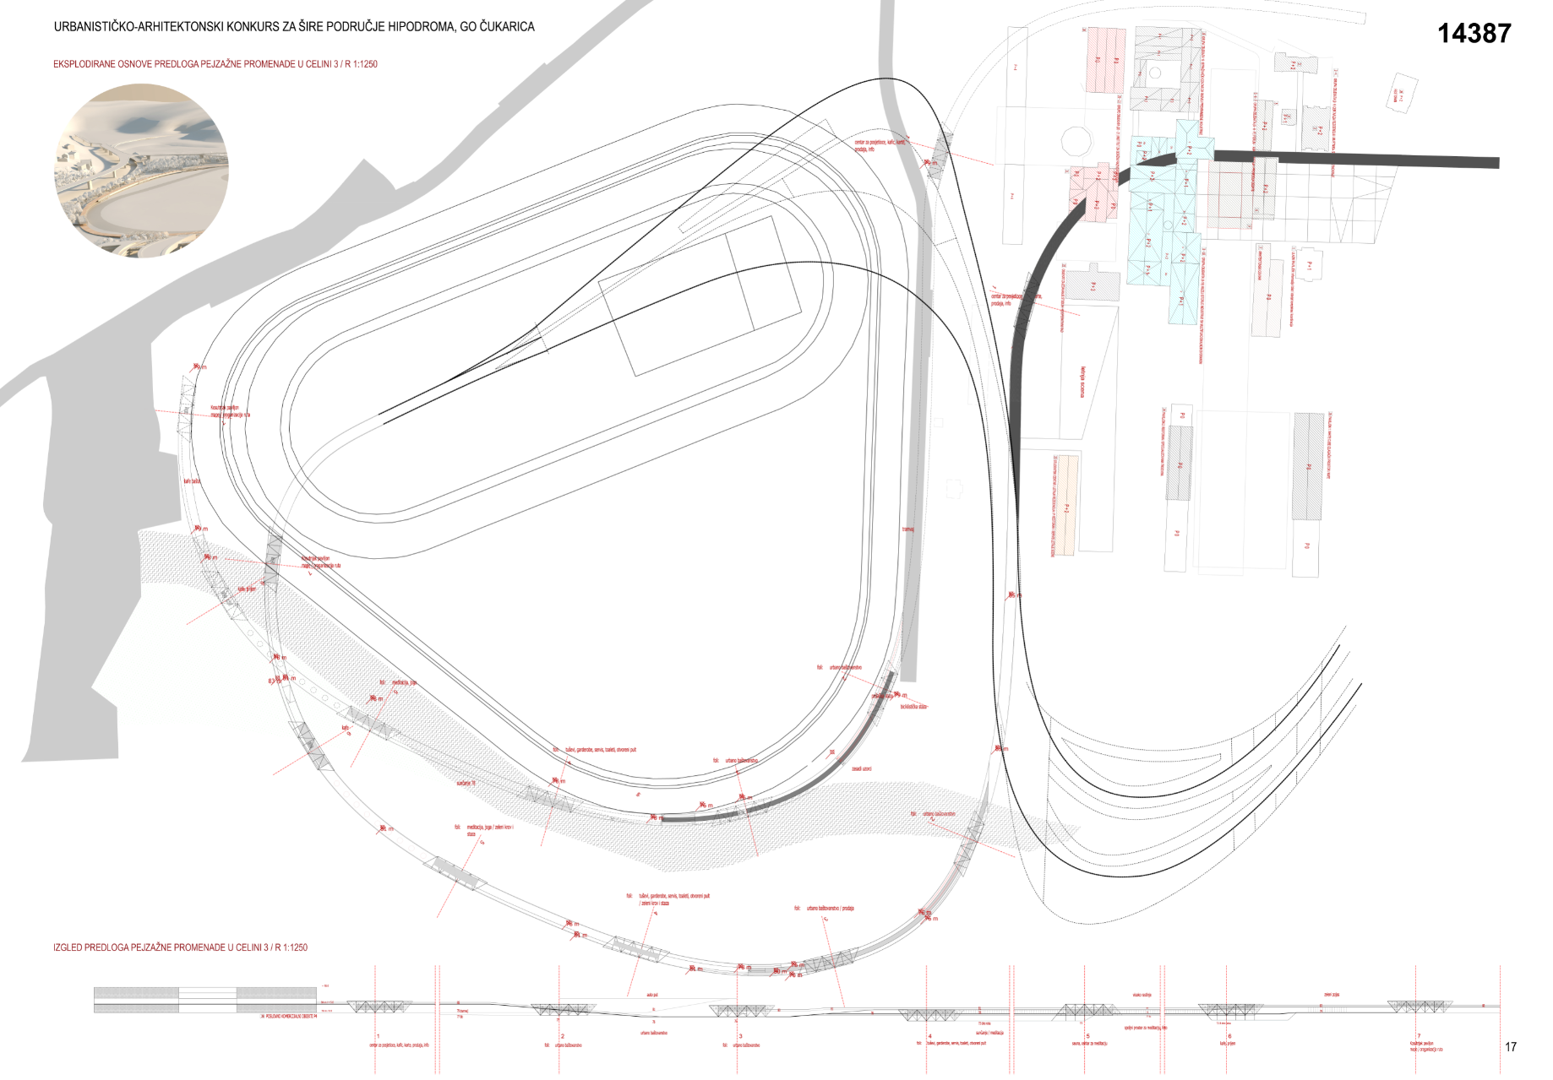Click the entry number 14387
pyautogui.click(x=1474, y=33)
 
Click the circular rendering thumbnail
pyautogui.click(x=141, y=171)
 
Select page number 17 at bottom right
pyautogui.click(x=1510, y=1047)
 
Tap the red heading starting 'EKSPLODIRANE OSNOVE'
pyautogui.click(x=215, y=64)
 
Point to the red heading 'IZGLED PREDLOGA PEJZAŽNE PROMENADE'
pyautogui.click(x=180, y=947)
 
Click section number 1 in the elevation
pyautogui.click(x=378, y=1036)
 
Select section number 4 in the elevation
pyautogui.click(x=929, y=1036)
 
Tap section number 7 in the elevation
pyautogui.click(x=1419, y=1036)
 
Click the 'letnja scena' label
pyautogui.click(x=1082, y=382)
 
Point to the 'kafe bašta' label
pyautogui.click(x=192, y=481)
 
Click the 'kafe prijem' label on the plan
pyautogui.click(x=247, y=589)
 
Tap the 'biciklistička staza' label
pyautogui.click(x=913, y=707)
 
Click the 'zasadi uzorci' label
pyautogui.click(x=861, y=769)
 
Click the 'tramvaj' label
pyautogui.click(x=907, y=529)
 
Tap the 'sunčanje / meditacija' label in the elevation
pyautogui.click(x=989, y=1033)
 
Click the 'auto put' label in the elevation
pyautogui.click(x=651, y=995)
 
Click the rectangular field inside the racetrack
pyautogui.click(x=700, y=296)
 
